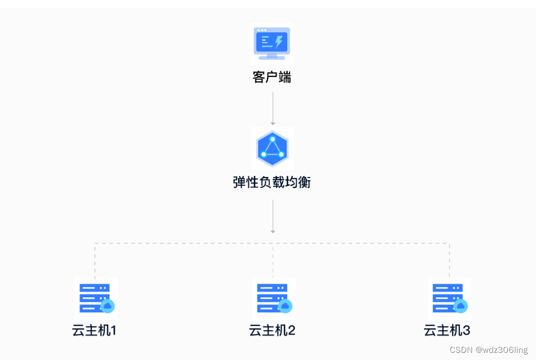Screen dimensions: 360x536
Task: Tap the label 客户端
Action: tap(272, 77)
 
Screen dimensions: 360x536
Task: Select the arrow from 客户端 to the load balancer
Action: tap(273, 108)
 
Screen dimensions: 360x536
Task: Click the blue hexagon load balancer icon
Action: tap(272, 149)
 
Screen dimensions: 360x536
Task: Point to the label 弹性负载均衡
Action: tap(272, 182)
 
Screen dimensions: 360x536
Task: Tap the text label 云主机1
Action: tap(94, 331)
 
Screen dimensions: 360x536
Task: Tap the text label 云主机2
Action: tap(272, 331)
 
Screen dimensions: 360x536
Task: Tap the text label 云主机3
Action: tap(447, 331)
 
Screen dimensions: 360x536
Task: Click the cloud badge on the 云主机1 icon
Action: tap(108, 306)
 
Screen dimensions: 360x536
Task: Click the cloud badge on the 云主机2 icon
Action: tap(285, 306)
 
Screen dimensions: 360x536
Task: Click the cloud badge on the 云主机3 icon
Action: tap(461, 306)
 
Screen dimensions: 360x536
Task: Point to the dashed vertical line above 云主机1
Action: tap(95, 261)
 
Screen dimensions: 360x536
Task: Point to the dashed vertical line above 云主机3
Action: tap(450, 261)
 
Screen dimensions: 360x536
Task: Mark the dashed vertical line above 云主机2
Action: tap(273, 261)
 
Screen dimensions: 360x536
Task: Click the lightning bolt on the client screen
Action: tap(279, 41)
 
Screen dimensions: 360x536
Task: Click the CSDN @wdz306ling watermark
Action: tap(488, 350)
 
